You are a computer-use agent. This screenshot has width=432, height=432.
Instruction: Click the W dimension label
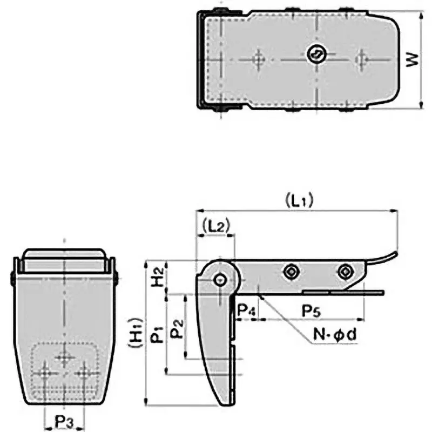(x=413, y=60)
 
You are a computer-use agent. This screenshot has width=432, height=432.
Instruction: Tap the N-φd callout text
(x=335, y=335)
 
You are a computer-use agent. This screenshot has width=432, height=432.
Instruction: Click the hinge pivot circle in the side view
(x=220, y=280)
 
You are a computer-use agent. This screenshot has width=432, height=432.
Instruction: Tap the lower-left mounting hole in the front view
(x=46, y=372)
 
